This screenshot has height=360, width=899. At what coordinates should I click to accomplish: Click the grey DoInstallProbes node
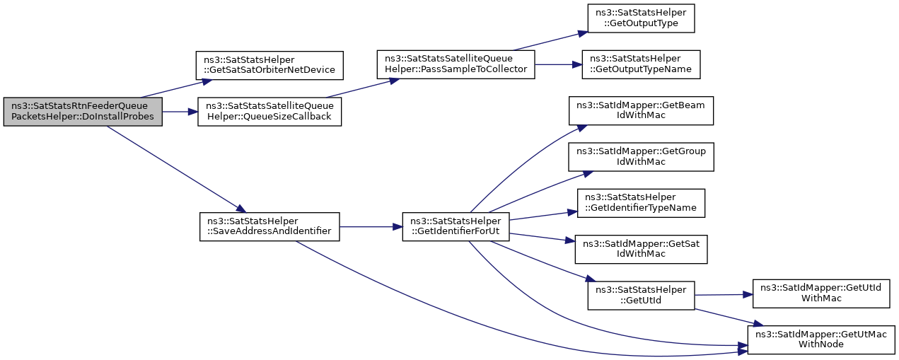tap(83, 112)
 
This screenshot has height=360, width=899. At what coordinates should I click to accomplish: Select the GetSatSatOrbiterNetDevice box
tap(269, 65)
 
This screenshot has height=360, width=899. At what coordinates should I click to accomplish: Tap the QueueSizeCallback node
tap(269, 112)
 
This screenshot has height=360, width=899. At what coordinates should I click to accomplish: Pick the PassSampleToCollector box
tap(456, 64)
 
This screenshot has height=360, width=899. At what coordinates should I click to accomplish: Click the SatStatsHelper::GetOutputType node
tap(641, 18)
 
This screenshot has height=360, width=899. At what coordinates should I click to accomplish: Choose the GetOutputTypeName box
tap(641, 64)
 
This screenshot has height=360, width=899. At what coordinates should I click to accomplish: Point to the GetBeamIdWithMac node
tap(641, 110)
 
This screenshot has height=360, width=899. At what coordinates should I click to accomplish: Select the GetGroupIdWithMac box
tap(641, 157)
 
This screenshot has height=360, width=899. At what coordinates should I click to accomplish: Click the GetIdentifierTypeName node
tap(641, 203)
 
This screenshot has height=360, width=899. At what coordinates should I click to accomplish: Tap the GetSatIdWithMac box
tap(641, 249)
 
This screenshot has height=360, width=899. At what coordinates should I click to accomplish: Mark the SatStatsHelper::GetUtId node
tap(641, 296)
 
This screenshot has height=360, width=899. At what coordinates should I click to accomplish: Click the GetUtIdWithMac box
tap(821, 294)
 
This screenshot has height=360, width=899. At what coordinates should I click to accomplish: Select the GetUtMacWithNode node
tap(821, 340)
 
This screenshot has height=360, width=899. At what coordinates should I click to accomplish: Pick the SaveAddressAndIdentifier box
tap(269, 227)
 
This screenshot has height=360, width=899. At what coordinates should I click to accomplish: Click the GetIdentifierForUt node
tap(456, 227)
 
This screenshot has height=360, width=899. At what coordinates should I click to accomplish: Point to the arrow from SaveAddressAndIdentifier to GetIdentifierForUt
tap(371, 227)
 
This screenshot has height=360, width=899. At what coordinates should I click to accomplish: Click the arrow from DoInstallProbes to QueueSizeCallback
tap(180, 112)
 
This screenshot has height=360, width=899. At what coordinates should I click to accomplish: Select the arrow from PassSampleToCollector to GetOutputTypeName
tap(558, 64)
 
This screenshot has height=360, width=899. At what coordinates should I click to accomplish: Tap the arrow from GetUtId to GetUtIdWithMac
tap(723, 295)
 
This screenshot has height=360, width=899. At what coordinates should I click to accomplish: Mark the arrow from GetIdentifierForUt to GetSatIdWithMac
tap(543, 238)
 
